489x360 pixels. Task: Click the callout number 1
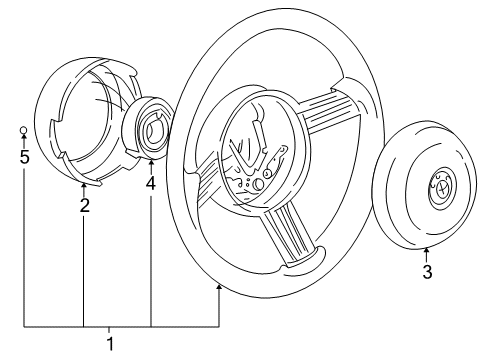click(112, 343)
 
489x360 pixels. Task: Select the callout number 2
click(84, 206)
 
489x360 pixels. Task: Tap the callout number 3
click(427, 271)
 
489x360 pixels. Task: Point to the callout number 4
click(151, 184)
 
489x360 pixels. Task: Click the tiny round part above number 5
click(24, 130)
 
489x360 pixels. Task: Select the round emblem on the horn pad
click(443, 190)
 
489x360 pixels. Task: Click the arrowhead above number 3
click(427, 250)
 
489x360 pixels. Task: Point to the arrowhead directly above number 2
click(84, 187)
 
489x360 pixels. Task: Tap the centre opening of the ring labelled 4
click(155, 129)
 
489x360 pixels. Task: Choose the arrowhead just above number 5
click(24, 140)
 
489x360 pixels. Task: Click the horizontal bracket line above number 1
click(120, 327)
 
